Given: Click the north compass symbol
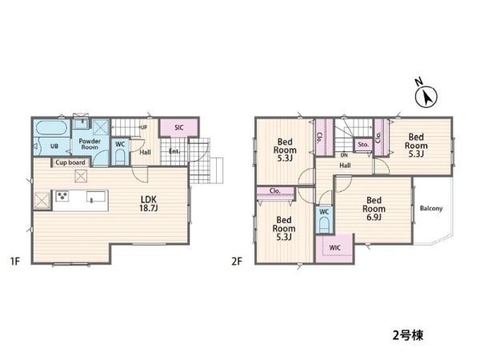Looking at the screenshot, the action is click(x=426, y=97).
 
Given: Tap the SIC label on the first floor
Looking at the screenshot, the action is click(x=179, y=127).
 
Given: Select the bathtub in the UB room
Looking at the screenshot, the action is click(x=52, y=128).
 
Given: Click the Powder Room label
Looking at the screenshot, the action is click(x=90, y=144).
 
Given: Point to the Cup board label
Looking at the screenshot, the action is click(x=70, y=162).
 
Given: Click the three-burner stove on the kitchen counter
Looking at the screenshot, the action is click(x=62, y=196).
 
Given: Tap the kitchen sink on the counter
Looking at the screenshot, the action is click(x=96, y=196).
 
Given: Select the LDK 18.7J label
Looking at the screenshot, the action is click(x=149, y=204).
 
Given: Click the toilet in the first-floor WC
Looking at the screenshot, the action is click(x=120, y=158).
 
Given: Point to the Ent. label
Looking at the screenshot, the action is click(x=174, y=151).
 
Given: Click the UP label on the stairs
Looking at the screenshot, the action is click(x=143, y=127).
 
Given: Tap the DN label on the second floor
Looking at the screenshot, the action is click(x=344, y=155).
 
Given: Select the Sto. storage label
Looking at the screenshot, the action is click(x=363, y=145).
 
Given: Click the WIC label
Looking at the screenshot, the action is click(x=335, y=248).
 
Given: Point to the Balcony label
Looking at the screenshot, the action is click(x=431, y=209).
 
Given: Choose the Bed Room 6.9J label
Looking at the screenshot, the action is click(x=374, y=209).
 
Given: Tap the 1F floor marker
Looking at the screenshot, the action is click(x=15, y=262).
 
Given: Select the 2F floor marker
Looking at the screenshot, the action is click(x=237, y=262).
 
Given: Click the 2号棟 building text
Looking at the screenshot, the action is click(x=408, y=335).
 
